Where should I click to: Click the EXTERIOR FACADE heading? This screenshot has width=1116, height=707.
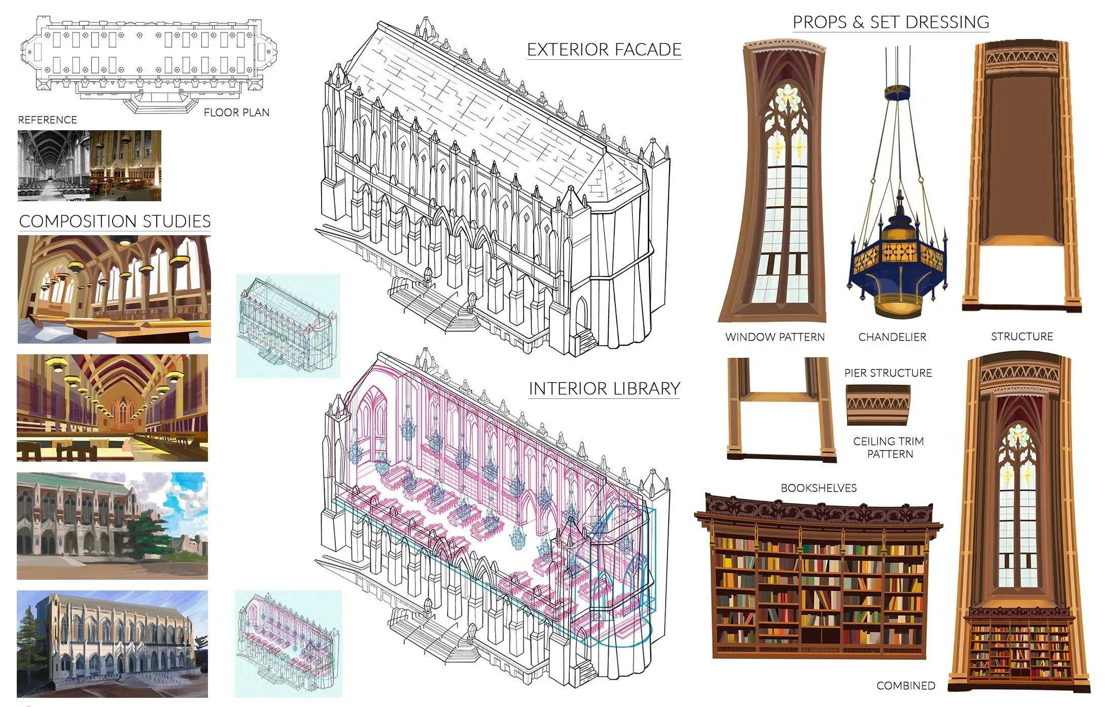pyautogui.click(x=604, y=50)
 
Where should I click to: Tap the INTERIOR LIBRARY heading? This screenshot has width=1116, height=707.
pyautogui.click(x=604, y=389)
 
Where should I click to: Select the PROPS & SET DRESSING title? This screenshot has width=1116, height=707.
pyautogui.click(x=891, y=22)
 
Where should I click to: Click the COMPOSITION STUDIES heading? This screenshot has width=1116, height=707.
pyautogui.click(x=115, y=221)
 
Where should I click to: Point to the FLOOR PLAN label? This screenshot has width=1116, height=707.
pyautogui.click(x=236, y=113)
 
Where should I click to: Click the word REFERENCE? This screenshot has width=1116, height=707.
pyautogui.click(x=48, y=120)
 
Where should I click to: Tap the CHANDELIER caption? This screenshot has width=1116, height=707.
pyautogui.click(x=892, y=337)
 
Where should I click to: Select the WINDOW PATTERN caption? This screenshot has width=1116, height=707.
pyautogui.click(x=775, y=337)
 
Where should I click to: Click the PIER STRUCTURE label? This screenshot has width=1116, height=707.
pyautogui.click(x=888, y=373)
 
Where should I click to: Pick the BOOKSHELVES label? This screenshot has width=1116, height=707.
pyautogui.click(x=819, y=488)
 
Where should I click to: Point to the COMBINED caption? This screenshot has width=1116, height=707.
pyautogui.click(x=906, y=686)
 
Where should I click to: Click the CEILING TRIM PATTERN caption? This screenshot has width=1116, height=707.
pyautogui.click(x=889, y=448)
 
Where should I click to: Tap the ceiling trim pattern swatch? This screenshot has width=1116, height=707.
pyautogui.click(x=878, y=405)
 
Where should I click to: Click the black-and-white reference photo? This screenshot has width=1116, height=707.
pyautogui.click(x=54, y=166)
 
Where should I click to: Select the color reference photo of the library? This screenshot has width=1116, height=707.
pyautogui.click(x=126, y=166)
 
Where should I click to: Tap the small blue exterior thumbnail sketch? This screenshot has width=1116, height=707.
pyautogui.click(x=288, y=326)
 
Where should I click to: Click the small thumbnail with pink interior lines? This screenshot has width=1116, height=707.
pyautogui.click(x=289, y=644)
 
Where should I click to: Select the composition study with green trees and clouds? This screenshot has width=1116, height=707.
pyautogui.click(x=112, y=526)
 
